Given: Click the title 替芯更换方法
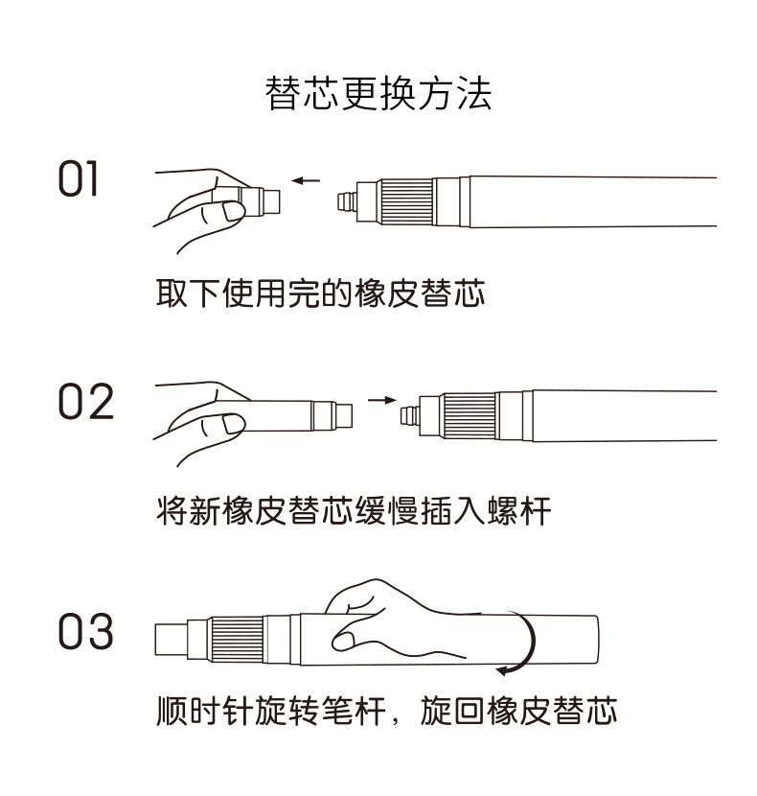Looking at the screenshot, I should click(x=378, y=94).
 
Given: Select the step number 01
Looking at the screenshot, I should click(x=79, y=179).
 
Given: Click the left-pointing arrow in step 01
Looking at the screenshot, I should click(x=307, y=179).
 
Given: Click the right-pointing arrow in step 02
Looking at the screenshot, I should click(x=381, y=400).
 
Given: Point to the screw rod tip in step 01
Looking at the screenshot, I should click(x=345, y=202).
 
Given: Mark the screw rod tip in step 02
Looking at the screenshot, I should click(x=409, y=415).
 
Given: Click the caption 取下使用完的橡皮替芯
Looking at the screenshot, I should click(x=321, y=293).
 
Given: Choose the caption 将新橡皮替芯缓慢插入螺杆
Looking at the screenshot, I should click(x=354, y=510).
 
